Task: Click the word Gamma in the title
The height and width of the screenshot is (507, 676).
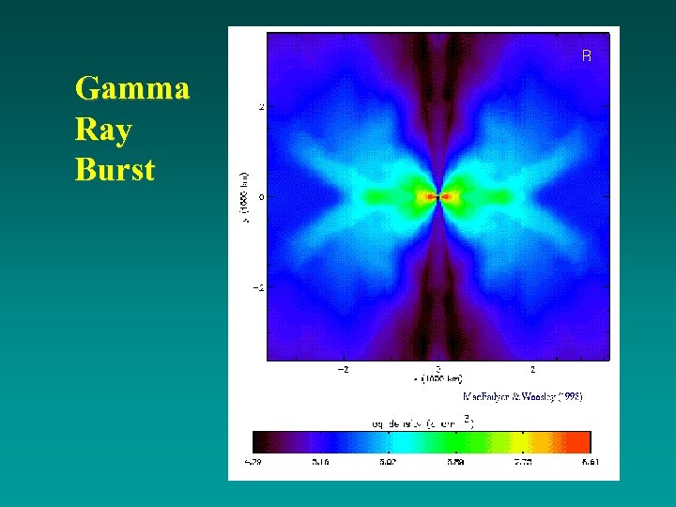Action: pos(132,89)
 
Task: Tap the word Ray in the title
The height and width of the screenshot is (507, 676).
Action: pos(102,130)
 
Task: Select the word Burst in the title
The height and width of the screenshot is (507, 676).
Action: pos(115,171)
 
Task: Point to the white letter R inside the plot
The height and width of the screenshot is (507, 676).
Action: pos(587,56)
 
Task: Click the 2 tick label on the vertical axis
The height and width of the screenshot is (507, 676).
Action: pos(261,107)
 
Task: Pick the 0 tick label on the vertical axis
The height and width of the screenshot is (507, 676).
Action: pos(261,197)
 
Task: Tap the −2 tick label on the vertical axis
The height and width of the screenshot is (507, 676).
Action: pos(258,287)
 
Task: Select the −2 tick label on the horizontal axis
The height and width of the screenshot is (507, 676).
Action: pos(344,369)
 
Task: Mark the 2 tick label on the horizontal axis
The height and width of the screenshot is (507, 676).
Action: pos(533,369)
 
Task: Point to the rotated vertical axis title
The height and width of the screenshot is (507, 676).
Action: pos(244,197)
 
